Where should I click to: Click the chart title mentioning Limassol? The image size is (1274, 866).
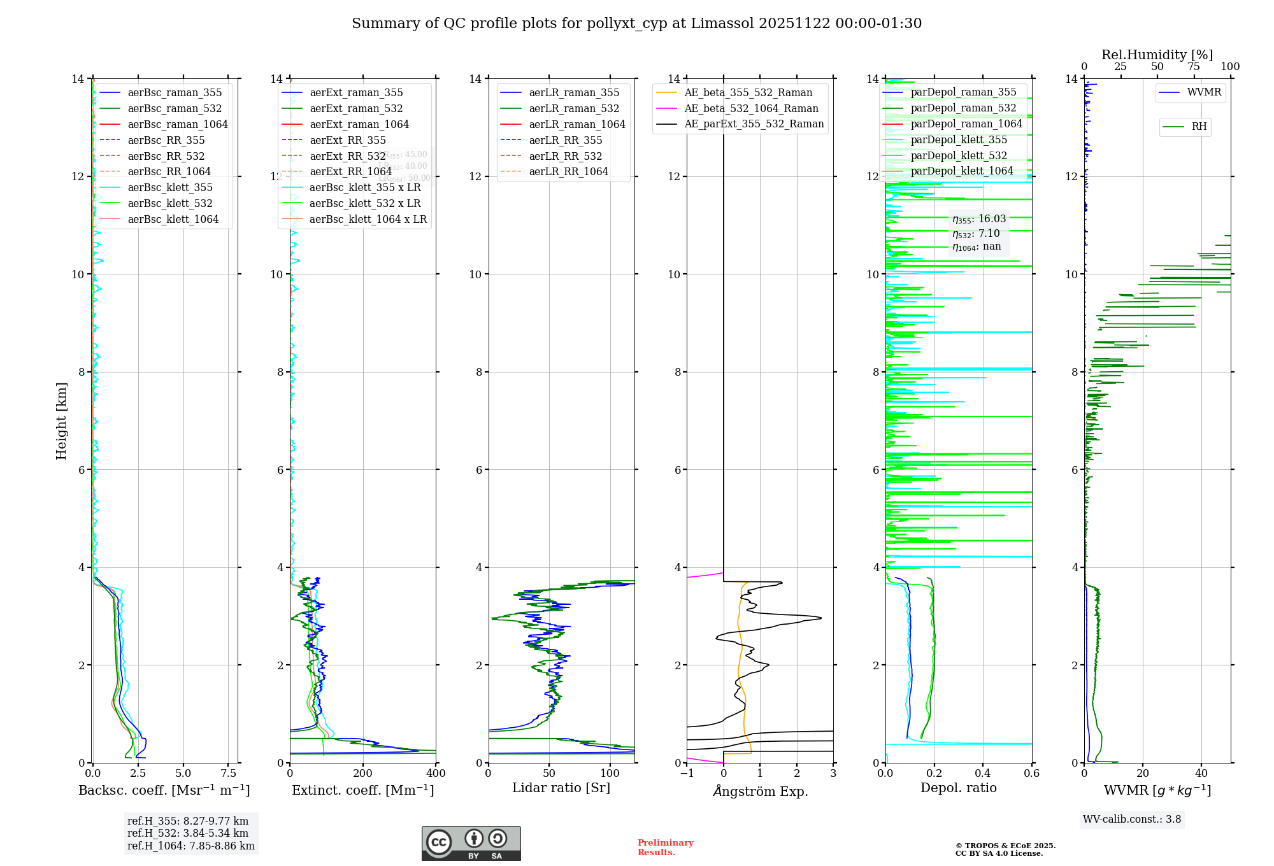[636, 24]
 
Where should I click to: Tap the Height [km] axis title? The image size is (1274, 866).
[61, 420]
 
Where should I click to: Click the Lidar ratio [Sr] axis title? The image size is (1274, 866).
[561, 788]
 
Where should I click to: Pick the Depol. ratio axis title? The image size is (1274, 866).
[958, 788]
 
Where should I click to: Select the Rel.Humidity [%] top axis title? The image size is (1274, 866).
[1157, 55]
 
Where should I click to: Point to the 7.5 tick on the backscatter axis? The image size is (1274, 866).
[229, 773]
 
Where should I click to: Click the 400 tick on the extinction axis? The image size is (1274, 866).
[436, 773]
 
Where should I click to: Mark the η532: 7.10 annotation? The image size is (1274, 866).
[976, 234]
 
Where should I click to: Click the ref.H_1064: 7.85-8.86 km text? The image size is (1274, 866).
[190, 846]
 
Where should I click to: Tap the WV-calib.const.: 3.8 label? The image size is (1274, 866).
[1131, 819]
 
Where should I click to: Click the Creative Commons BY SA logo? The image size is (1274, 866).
[471, 843]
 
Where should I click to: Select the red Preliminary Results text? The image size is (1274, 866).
[665, 847]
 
